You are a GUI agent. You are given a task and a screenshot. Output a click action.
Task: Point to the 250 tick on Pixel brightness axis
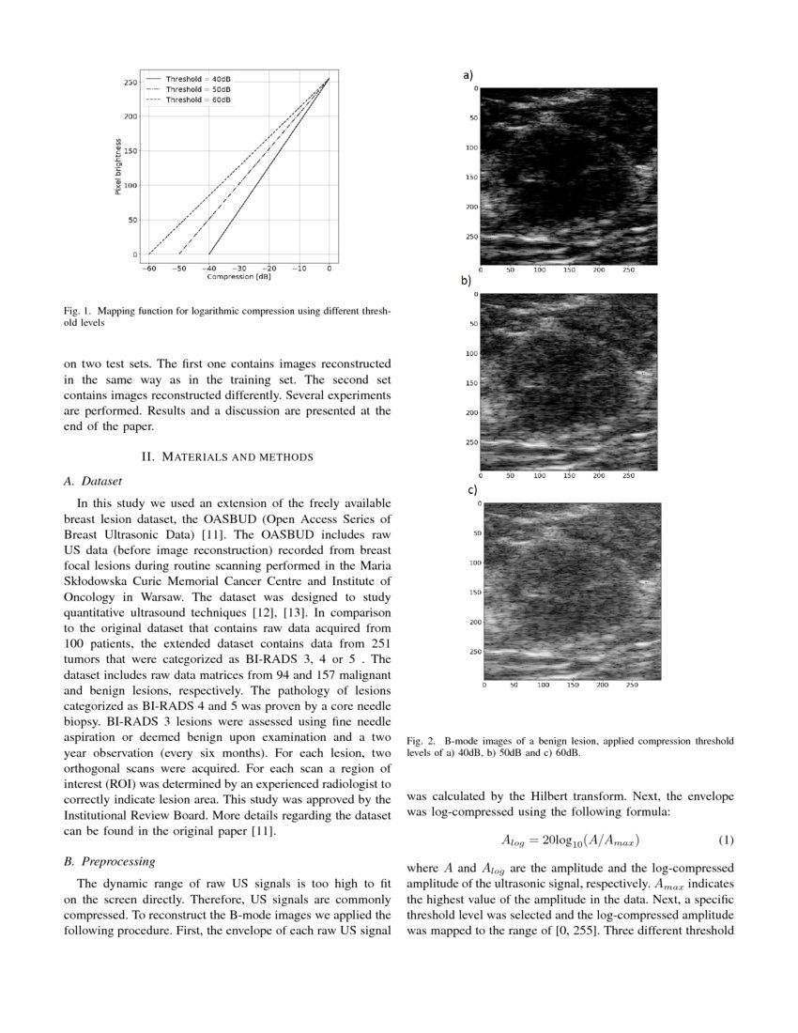130,83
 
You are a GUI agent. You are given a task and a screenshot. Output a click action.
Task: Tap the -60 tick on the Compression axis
149,269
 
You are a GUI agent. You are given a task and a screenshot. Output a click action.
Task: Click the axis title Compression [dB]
238,277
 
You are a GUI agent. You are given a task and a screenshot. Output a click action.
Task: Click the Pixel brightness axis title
117,167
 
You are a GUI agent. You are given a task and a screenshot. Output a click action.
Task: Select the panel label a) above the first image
467,74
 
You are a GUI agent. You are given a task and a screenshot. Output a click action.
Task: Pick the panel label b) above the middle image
465,280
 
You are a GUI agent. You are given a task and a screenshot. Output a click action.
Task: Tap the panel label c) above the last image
472,489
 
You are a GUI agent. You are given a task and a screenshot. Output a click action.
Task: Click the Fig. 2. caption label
422,741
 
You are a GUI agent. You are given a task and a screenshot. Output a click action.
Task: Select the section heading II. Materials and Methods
226,456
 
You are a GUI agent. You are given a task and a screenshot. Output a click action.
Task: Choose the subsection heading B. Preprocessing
110,861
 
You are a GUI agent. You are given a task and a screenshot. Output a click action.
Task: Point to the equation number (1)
725,839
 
